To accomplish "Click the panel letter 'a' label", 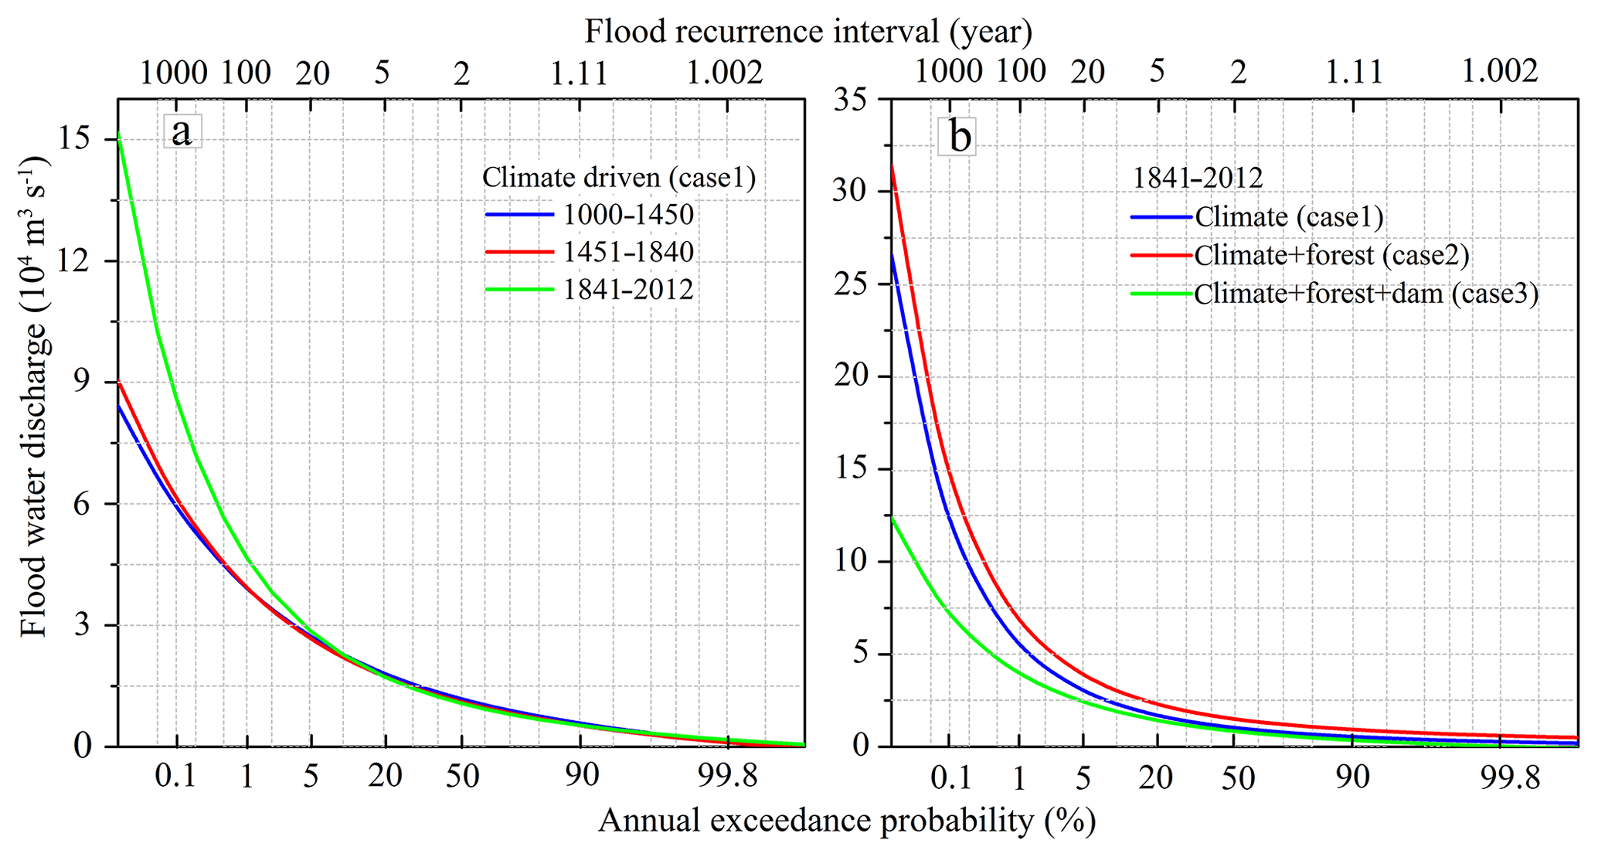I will click(182, 132).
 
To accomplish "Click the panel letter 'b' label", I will click(958, 137).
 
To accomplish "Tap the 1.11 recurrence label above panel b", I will click(1354, 72).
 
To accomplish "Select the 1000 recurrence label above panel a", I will click(173, 73).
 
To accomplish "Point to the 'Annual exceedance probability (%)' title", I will click(847, 821).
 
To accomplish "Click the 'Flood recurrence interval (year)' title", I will click(808, 32).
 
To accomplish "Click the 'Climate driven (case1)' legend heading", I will click(618, 178).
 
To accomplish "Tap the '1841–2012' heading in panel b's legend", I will click(1197, 178).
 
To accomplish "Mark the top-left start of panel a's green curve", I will click(119, 136).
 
